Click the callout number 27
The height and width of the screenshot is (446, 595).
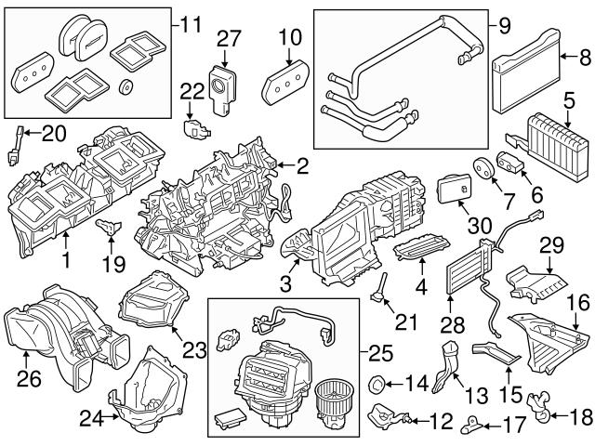229,38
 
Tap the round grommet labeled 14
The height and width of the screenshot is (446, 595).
377,382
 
